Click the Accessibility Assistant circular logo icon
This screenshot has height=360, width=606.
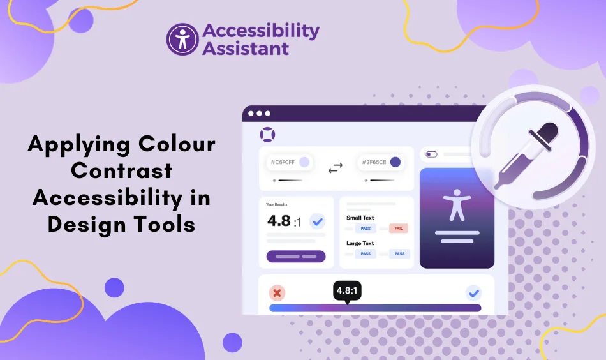pyautogui.click(x=182, y=39)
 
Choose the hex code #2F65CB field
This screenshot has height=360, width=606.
pyautogui.click(x=380, y=162)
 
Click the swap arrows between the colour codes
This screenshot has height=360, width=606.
pyautogui.click(x=335, y=168)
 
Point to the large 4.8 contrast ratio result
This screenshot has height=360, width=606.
pyautogui.click(x=279, y=221)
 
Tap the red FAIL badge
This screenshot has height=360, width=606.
pyautogui.click(x=398, y=228)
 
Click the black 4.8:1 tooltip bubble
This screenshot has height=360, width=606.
pyautogui.click(x=347, y=290)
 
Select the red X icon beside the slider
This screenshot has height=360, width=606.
pyautogui.click(x=277, y=293)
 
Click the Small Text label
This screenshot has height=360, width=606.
pyautogui.click(x=360, y=218)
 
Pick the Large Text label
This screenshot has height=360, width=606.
pyautogui.click(x=360, y=243)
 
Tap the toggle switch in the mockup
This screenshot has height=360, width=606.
pyautogui.click(x=432, y=154)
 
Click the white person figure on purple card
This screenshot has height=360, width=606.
pyautogui.click(x=457, y=206)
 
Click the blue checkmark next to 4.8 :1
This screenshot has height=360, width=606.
pyautogui.click(x=317, y=221)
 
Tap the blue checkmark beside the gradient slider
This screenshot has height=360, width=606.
pyautogui.click(x=473, y=293)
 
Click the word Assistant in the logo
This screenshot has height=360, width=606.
pyautogui.click(x=246, y=48)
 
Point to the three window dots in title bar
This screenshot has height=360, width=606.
pyautogui.click(x=259, y=114)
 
